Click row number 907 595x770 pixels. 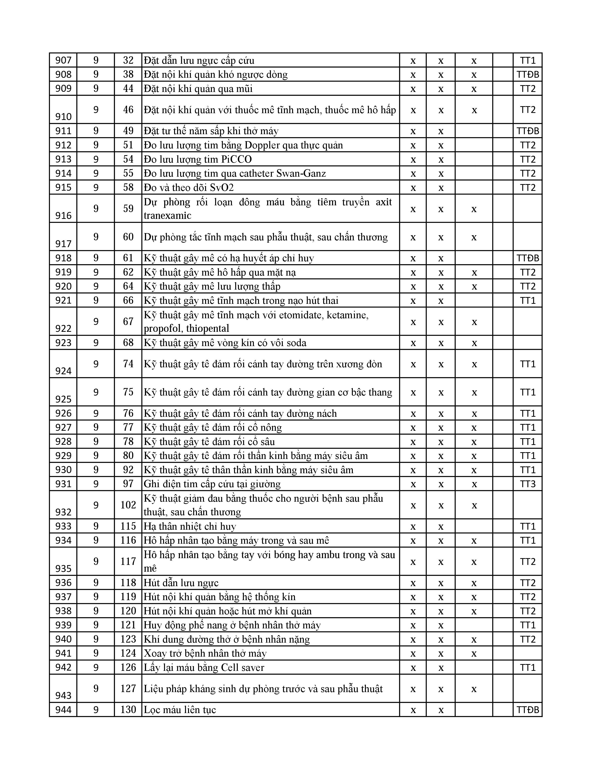(63, 60)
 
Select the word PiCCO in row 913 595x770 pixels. (237, 159)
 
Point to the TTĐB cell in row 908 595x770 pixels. (528, 74)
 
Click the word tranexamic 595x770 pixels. (168, 215)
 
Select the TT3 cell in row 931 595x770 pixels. (528, 484)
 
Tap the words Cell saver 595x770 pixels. (242, 667)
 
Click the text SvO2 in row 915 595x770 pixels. (222, 188)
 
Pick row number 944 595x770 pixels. (63, 710)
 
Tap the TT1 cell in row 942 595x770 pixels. (528, 667)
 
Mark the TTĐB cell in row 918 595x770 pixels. (528, 258)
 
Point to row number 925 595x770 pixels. (63, 399)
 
